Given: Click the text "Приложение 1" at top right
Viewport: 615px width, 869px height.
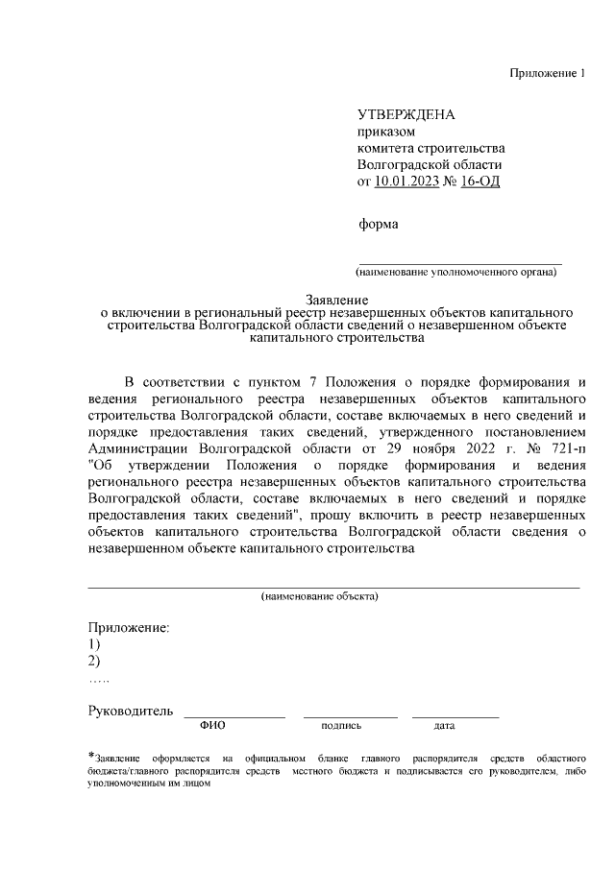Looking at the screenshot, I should [546, 74].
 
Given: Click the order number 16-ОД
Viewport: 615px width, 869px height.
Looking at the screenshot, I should [480, 181].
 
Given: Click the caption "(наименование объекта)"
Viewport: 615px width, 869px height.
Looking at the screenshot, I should [320, 596].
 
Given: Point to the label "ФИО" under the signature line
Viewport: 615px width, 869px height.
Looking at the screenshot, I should [211, 726].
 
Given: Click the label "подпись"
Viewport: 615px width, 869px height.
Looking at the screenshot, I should [341, 726].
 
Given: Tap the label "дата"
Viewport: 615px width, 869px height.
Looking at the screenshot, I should [444, 726].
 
